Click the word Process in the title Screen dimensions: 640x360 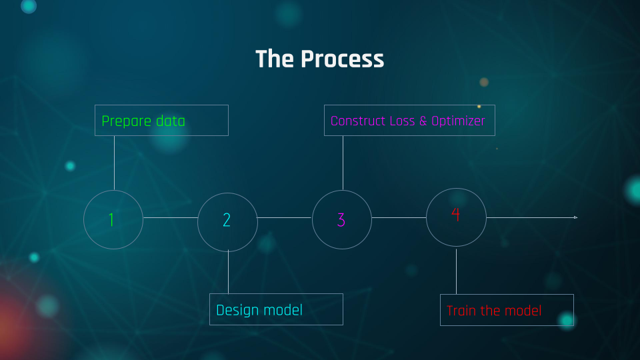342,59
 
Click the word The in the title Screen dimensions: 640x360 275,59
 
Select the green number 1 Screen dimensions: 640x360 112,220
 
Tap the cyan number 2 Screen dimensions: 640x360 227,220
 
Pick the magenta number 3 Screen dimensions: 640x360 341,220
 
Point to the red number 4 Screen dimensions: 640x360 456,215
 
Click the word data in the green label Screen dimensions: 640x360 170,121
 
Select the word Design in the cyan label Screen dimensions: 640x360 236,310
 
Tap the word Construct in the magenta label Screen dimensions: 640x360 358,121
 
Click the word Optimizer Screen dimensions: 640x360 458,121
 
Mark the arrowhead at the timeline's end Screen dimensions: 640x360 575,217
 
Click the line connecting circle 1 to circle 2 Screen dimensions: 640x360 170,217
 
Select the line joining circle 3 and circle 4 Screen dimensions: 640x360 399,217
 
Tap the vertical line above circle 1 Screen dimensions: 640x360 114,163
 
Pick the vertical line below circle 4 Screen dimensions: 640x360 456,271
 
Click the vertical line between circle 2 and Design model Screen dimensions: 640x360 228,272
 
